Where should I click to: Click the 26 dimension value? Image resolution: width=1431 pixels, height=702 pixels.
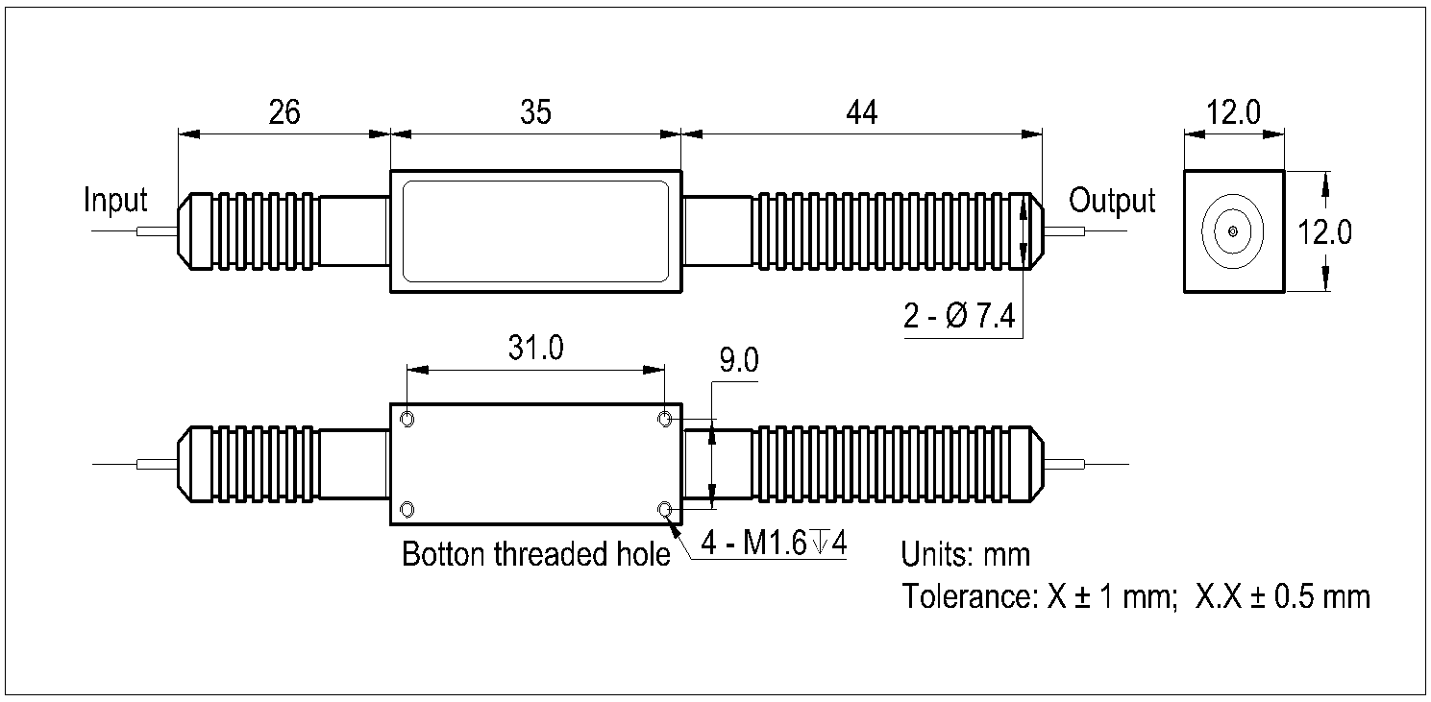click(284, 112)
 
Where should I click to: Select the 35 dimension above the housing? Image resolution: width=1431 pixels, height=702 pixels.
click(535, 112)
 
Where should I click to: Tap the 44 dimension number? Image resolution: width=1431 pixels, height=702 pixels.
click(862, 112)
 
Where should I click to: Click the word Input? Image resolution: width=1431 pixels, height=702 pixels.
click(116, 201)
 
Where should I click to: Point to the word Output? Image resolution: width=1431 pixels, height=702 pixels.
click(1112, 201)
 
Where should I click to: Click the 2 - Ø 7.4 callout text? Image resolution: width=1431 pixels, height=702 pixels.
click(959, 317)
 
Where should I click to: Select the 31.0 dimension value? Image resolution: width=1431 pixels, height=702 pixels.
click(535, 348)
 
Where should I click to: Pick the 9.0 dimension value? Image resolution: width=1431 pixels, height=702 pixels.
click(738, 361)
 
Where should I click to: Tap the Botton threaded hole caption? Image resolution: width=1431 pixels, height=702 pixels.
click(535, 554)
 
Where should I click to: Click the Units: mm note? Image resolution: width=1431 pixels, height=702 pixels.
click(965, 554)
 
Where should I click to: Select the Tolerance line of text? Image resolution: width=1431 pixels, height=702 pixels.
click(1136, 596)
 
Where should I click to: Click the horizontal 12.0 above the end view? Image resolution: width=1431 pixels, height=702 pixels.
click(1234, 112)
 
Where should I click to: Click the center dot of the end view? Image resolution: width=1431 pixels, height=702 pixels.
click(1233, 231)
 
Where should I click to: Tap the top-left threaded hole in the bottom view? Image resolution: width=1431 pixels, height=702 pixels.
click(407, 419)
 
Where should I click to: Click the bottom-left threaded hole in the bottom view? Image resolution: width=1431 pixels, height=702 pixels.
click(407, 508)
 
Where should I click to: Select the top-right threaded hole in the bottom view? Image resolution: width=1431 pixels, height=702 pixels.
click(664, 419)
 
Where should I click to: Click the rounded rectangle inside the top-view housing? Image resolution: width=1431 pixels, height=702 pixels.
click(535, 231)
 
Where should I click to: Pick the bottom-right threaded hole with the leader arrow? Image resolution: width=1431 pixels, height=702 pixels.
click(664, 509)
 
